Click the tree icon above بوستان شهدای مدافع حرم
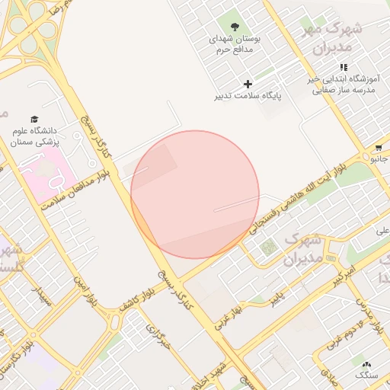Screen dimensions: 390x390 (235, 27)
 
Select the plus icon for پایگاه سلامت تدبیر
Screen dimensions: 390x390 (247, 84)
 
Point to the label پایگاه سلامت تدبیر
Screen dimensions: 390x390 (247, 97)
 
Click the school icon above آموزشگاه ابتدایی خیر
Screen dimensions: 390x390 (344, 68)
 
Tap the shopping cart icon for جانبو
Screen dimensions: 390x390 (379, 147)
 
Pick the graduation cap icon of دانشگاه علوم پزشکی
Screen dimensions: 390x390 (34, 120)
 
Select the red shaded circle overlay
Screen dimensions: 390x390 (195, 194)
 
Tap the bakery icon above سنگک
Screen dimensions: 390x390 (368, 365)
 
